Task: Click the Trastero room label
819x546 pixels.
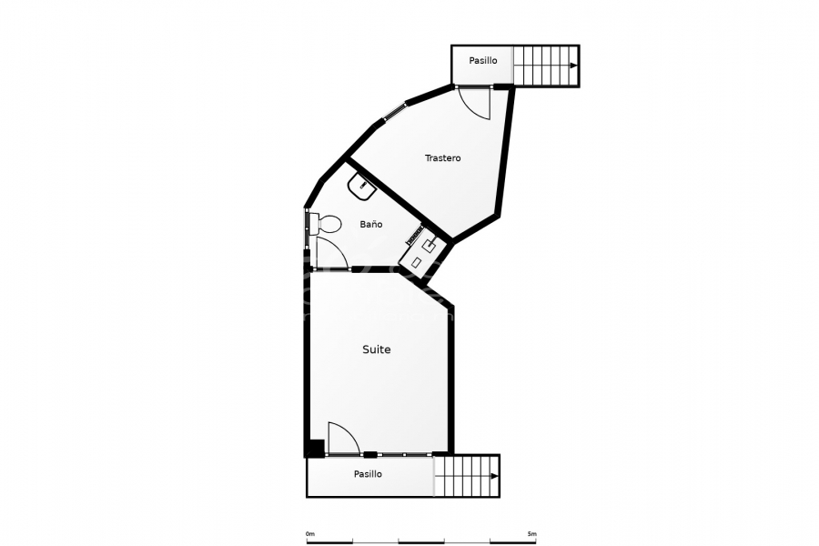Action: point(442,158)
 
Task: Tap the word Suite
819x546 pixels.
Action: point(376,349)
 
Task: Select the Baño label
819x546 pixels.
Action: point(370,224)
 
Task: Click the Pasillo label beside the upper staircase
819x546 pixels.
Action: point(483,61)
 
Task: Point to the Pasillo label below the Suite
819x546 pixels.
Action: point(368,474)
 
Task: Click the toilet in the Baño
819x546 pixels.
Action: point(326,224)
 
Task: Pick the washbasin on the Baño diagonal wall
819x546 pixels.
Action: point(363,187)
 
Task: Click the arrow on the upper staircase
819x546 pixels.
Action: point(572,66)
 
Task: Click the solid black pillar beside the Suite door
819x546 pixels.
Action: point(313,448)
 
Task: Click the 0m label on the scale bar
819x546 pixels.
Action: point(309,534)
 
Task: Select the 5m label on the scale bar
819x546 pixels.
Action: point(531,534)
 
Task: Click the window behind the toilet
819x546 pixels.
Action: point(308,224)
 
